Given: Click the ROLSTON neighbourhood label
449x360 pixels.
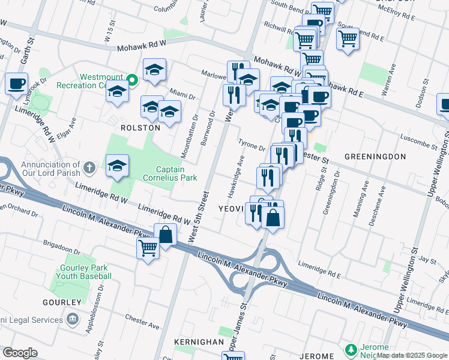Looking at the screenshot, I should coord(140,128).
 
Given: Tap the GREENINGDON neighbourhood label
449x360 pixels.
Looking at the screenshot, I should coord(375,157).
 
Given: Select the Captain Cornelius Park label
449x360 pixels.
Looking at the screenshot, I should coord(169,173).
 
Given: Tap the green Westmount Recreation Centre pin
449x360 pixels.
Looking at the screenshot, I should coord(133,79).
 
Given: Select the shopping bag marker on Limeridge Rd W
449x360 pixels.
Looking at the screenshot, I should coord(166,235).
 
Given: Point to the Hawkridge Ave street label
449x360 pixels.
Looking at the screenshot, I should coord(240,170).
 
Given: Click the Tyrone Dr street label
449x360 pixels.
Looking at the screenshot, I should coord(252,146).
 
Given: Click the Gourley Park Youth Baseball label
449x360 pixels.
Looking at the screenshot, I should coord(85,271).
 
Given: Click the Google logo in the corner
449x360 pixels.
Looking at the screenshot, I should coord(20,353).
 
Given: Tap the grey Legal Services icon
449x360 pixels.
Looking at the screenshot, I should coord(73,318).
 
